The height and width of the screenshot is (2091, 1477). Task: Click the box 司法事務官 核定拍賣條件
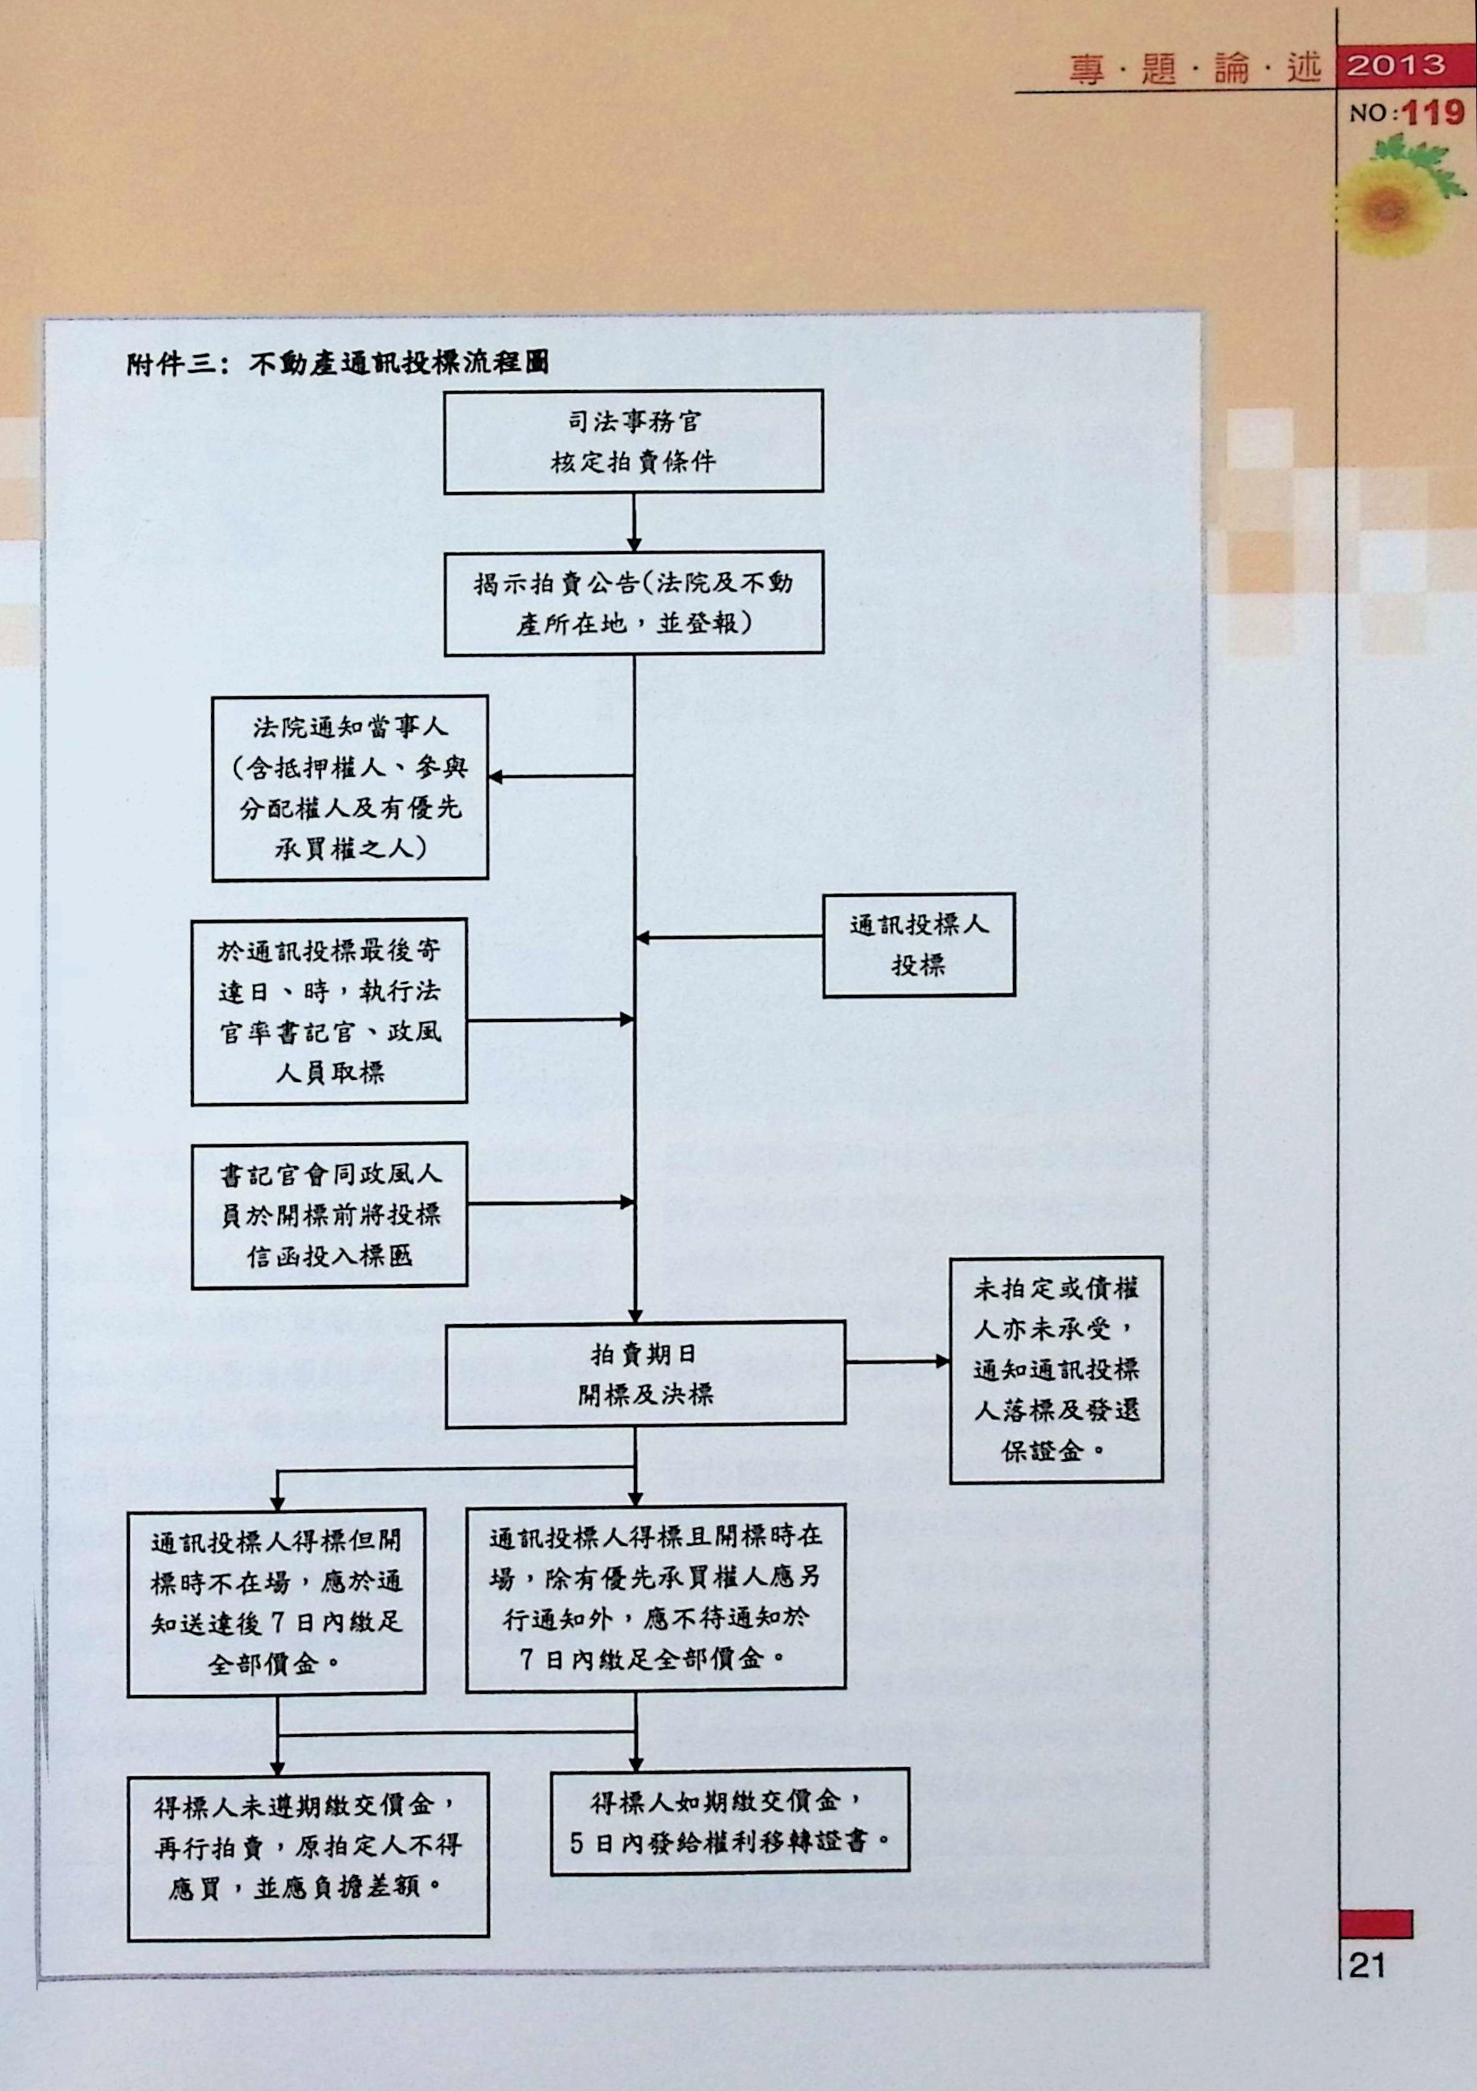(x=633, y=442)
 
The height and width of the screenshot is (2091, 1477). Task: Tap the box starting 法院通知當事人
(x=350, y=788)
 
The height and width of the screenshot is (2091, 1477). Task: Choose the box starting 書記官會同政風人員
(x=329, y=1215)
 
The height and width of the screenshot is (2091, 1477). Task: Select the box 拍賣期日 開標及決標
(x=644, y=1374)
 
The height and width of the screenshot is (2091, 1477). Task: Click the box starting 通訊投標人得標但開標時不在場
(x=276, y=1602)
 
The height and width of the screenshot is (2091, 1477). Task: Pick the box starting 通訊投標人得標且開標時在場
(x=655, y=1598)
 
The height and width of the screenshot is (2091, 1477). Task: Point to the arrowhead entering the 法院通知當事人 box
(x=496, y=777)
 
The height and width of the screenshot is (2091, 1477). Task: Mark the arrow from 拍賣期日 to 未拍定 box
(x=897, y=1362)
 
